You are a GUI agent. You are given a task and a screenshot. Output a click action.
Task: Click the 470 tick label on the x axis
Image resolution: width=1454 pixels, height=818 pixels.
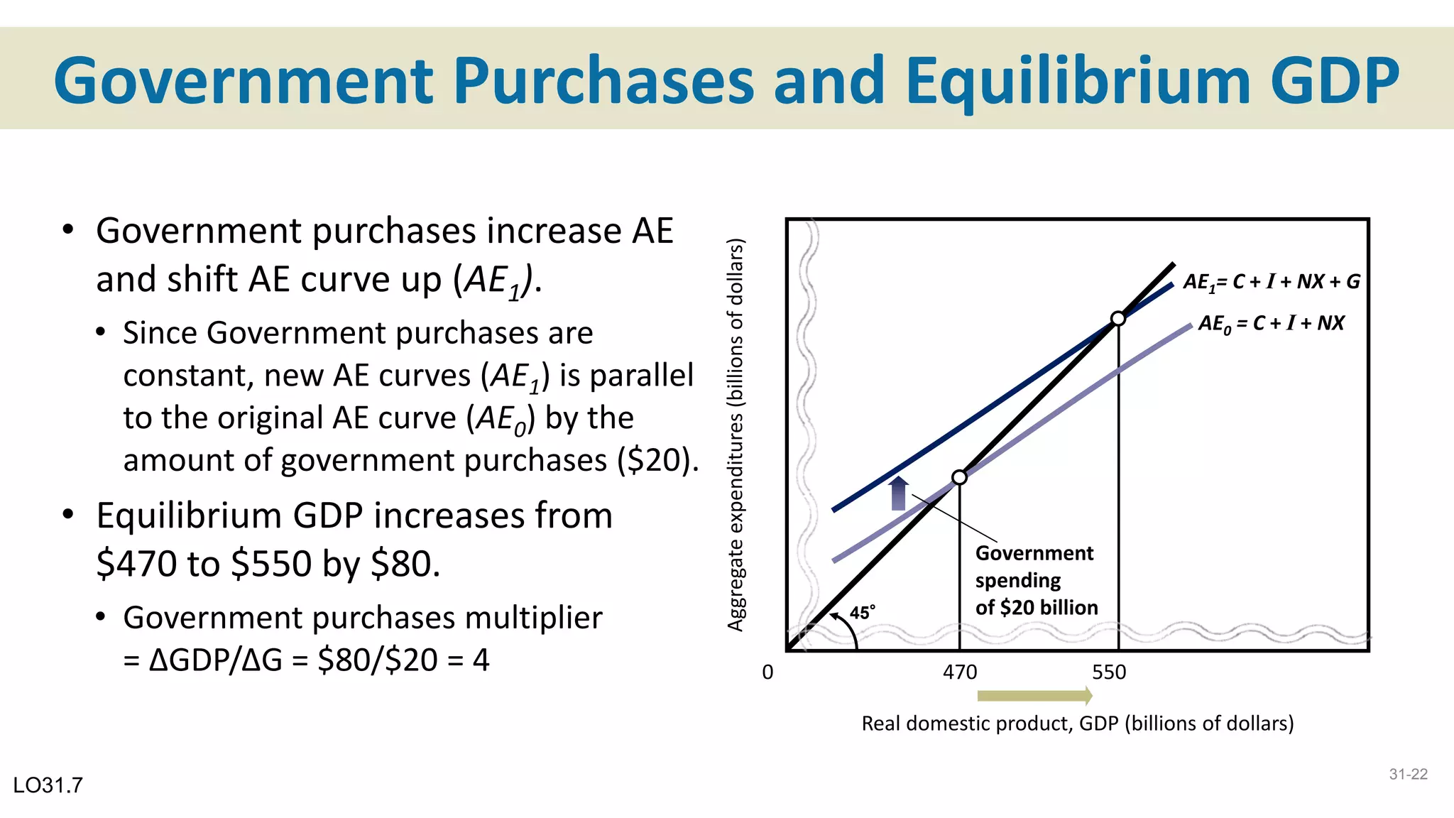pos(960,672)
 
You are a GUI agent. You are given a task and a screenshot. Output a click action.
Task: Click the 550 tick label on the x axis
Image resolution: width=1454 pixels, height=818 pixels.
pos(1109,672)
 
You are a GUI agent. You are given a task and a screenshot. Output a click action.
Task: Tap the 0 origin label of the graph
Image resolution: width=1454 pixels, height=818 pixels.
pos(767,672)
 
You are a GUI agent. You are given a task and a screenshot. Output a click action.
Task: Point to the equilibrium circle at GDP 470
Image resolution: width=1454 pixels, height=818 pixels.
pos(959,477)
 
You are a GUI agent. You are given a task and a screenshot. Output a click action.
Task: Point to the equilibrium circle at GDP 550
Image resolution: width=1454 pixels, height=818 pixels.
pos(1118,318)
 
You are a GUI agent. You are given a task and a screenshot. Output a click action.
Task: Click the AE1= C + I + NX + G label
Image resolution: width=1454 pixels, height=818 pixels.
pos(1271,282)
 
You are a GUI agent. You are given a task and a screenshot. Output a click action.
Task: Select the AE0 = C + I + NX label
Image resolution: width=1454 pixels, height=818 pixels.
pos(1271,324)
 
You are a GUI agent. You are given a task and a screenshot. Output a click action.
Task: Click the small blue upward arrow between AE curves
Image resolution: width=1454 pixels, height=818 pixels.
pos(899,493)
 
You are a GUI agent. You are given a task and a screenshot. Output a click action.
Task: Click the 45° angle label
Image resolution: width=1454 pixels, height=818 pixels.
pos(863,612)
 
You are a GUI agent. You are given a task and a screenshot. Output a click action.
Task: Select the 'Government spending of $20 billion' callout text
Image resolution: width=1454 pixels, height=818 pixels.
pos(1036,580)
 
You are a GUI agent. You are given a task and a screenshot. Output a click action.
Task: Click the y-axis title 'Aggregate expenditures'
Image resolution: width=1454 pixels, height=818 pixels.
pos(736,435)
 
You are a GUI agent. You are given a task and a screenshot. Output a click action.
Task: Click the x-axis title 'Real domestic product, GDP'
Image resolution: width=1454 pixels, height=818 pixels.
pos(1077,724)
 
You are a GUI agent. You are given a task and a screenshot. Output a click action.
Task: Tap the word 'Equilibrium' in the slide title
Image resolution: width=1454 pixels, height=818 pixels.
pos(1077,81)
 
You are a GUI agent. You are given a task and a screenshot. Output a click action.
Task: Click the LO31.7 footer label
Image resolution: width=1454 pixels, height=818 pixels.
pos(48,785)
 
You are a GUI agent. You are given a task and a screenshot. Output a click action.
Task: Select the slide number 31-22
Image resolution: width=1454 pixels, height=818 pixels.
pos(1408,775)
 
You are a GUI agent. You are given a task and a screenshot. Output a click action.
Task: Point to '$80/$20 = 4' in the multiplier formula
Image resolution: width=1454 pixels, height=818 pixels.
pos(403,660)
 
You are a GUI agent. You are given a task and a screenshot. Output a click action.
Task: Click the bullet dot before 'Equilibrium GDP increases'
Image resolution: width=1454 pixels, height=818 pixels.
pos(68,514)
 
